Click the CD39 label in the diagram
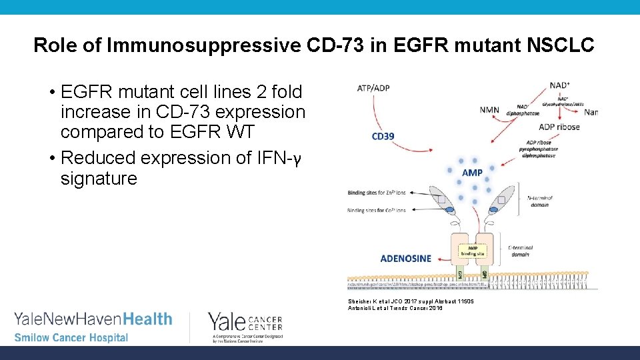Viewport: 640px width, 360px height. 383,137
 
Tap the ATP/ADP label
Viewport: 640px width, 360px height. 373,87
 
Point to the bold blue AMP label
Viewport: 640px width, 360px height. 473,173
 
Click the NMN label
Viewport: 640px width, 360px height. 489,110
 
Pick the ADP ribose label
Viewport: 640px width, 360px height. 559,127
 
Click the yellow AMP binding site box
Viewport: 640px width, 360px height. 474,251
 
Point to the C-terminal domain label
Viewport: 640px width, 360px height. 519,251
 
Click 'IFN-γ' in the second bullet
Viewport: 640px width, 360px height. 279,158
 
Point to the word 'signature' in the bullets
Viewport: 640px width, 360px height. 99,179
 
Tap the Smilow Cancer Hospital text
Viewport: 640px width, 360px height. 71,337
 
